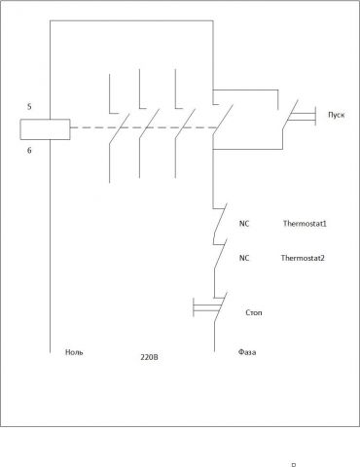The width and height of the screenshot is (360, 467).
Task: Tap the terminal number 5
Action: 29,106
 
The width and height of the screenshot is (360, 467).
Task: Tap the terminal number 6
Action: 29,152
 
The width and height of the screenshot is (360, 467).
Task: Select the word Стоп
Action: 252,313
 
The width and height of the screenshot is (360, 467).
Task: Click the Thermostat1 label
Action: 305,224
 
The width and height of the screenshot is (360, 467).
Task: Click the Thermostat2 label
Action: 303,258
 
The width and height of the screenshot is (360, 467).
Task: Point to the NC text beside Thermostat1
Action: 243,224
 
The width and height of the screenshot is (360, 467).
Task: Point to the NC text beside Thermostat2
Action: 243,258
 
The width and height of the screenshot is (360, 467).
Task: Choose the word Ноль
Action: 74,353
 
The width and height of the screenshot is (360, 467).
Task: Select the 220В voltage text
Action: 148,358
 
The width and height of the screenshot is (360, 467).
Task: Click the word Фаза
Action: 247,353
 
